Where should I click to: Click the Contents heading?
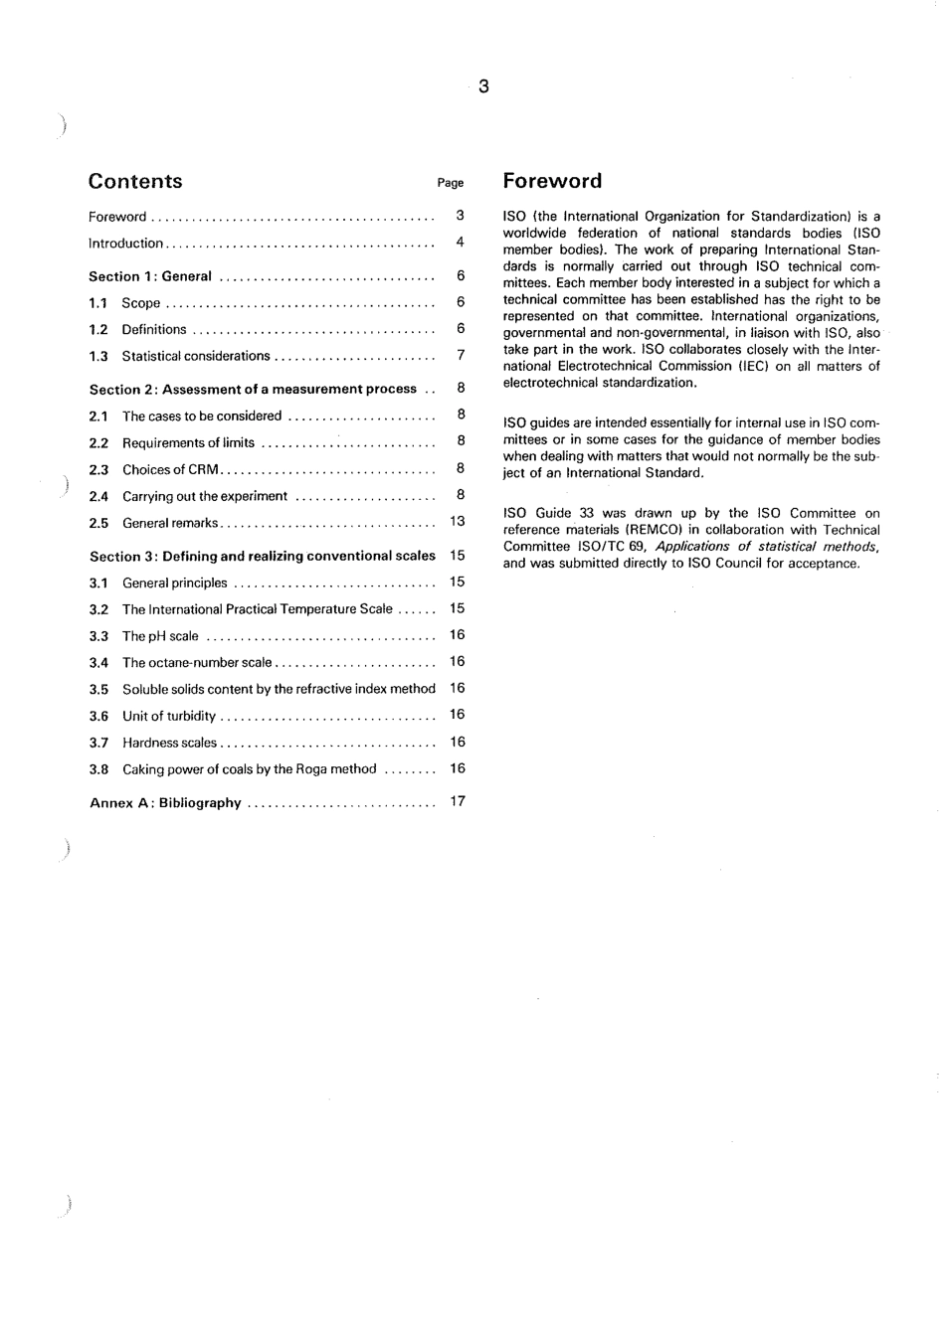[x=135, y=181]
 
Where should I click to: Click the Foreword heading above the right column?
[x=552, y=181]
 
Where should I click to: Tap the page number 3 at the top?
[x=483, y=86]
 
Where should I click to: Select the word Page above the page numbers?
[x=451, y=183]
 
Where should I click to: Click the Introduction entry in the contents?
[x=125, y=244]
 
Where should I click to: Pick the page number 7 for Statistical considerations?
[x=461, y=355]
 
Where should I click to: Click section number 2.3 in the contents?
[x=98, y=470]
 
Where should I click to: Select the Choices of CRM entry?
[x=170, y=470]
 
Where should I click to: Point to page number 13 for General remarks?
[x=458, y=521]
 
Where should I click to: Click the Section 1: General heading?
[x=150, y=276]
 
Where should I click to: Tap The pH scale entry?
[x=160, y=636]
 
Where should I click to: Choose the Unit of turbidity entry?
[x=168, y=716]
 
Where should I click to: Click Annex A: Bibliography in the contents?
[x=165, y=803]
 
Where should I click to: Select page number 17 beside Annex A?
[x=458, y=801]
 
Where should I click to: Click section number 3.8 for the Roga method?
[x=98, y=769]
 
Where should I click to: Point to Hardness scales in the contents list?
[x=169, y=743]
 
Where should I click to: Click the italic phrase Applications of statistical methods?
[x=766, y=547]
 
